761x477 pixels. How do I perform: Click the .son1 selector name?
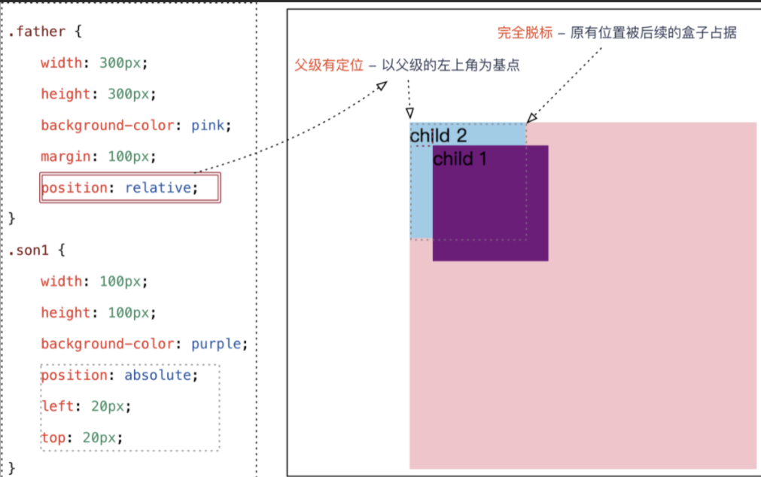[x=29, y=251]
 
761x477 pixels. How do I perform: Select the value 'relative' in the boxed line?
[x=157, y=188]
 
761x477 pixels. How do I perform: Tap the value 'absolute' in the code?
[x=157, y=375]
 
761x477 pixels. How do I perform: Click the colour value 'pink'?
[x=208, y=126]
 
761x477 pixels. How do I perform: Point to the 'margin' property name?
[x=65, y=156]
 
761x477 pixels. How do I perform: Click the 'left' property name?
[x=57, y=406]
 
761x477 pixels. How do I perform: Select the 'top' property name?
[x=53, y=437]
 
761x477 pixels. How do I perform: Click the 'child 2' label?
[x=438, y=135]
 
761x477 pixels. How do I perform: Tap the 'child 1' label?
[x=460, y=159]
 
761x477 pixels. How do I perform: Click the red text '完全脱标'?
[x=525, y=33]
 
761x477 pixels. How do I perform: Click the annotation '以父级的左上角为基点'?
[x=451, y=66]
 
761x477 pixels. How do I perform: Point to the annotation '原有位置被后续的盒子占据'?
[x=653, y=33]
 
